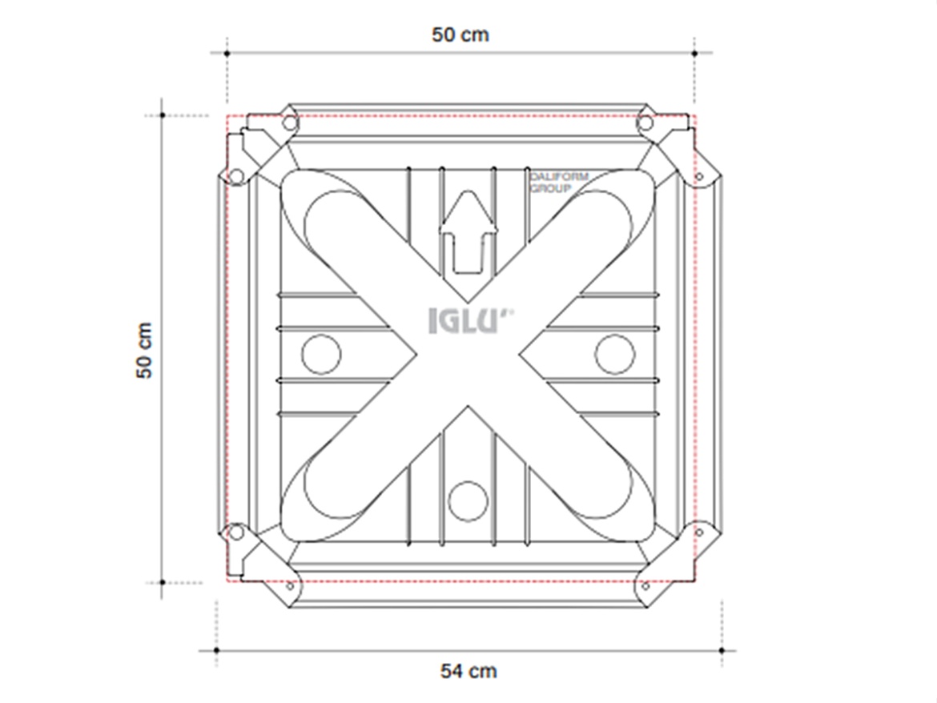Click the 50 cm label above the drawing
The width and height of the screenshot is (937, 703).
[460, 35]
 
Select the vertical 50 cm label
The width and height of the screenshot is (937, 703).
[145, 351]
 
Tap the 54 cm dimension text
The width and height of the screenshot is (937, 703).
[468, 670]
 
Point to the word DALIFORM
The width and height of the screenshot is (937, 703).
[559, 177]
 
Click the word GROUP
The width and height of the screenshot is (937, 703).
[551, 189]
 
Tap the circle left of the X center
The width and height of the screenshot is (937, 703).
[321, 353]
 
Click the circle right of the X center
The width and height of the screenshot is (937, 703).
[614, 353]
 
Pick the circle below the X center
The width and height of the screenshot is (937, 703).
[468, 501]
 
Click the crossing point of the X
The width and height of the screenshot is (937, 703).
[468, 353]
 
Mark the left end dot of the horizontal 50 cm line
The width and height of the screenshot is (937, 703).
[227, 53]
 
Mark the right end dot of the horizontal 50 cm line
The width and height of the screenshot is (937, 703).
[694, 53]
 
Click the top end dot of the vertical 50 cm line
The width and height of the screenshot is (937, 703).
[163, 115]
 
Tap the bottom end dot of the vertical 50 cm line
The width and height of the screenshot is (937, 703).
[163, 582]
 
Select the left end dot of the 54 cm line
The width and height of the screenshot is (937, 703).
[216, 650]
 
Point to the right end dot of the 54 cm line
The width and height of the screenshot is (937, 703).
[722, 650]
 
